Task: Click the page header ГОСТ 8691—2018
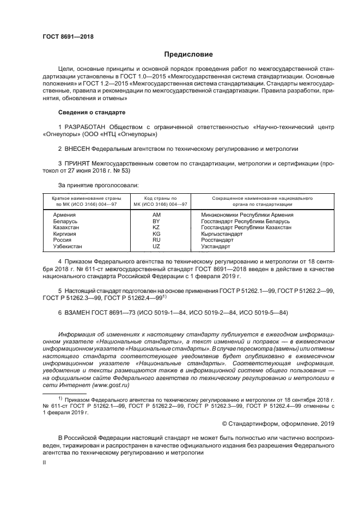pos(68,36)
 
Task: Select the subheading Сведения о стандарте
pos(91,112)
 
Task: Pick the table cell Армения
pos(64,215)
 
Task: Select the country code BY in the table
pos(156,222)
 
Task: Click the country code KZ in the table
pos(156,228)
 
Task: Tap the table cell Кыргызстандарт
pos(222,234)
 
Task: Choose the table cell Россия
pos(62,240)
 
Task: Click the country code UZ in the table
pos(156,247)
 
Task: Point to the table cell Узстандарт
pos(216,247)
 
